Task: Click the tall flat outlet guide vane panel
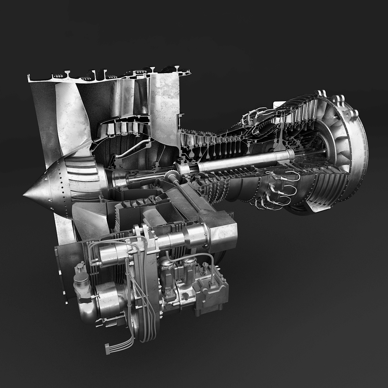[x=165, y=97]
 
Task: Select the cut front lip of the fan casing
[x=31, y=79]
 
